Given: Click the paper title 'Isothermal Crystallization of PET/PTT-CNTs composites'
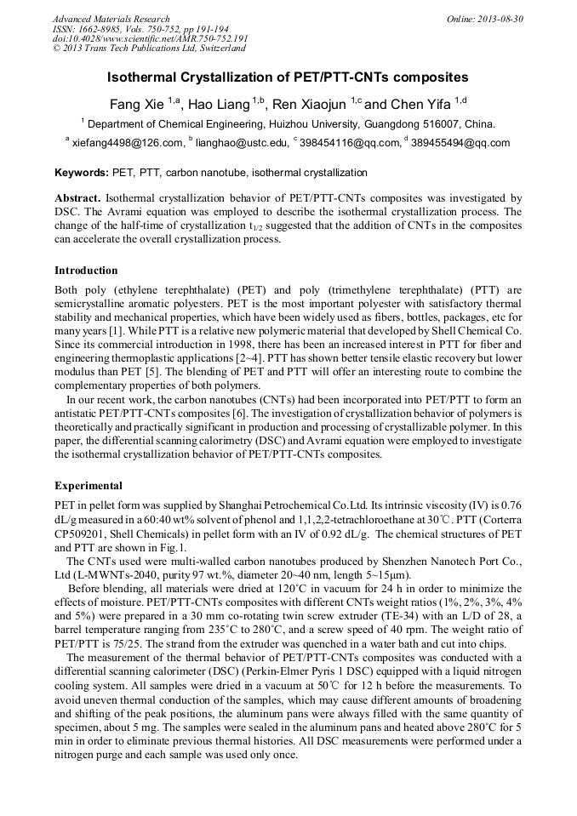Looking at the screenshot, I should (288, 77).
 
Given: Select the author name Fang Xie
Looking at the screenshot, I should (137, 104).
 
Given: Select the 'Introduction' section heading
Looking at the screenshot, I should (86, 271).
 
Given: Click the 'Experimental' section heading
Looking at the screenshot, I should (89, 486).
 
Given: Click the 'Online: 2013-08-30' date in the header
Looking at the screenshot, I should (485, 19).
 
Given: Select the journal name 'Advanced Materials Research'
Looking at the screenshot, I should (111, 19).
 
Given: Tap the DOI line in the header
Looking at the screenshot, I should (150, 38).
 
